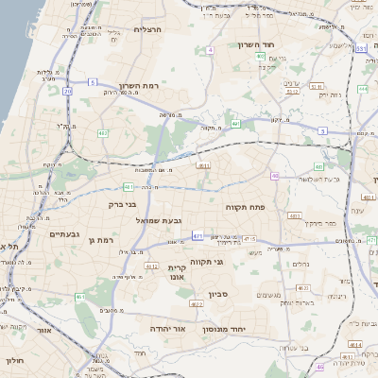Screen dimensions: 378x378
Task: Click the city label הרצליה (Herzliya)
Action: pos(149,29)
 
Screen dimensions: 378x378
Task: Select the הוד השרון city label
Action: pos(282,44)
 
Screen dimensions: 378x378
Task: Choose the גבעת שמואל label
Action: pos(159,220)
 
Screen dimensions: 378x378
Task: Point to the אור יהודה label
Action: pos(166,329)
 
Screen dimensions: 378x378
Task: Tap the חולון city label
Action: pos(13,360)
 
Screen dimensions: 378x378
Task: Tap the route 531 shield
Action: pos(361,47)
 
